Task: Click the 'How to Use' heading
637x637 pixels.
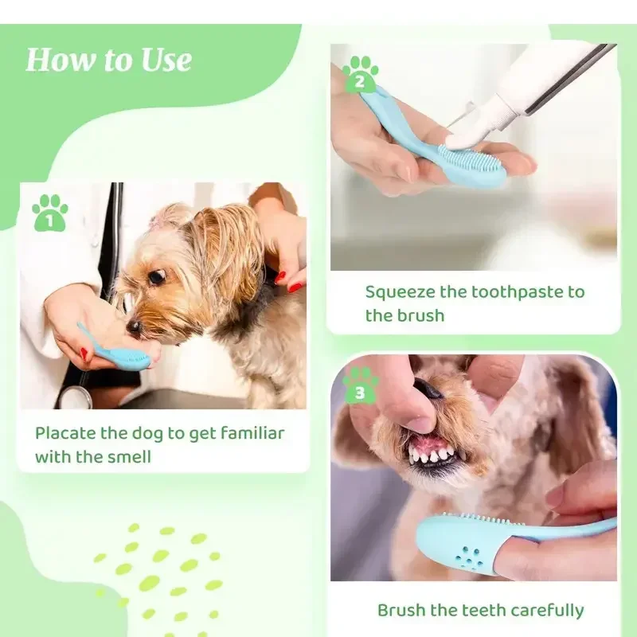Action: (x=108, y=61)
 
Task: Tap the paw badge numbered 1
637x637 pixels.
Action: (x=49, y=213)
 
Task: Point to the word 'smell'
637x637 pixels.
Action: (x=127, y=458)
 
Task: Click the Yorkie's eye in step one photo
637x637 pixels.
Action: (x=157, y=276)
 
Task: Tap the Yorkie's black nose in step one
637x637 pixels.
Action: (x=134, y=326)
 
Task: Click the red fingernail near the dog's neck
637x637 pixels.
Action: (x=295, y=286)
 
